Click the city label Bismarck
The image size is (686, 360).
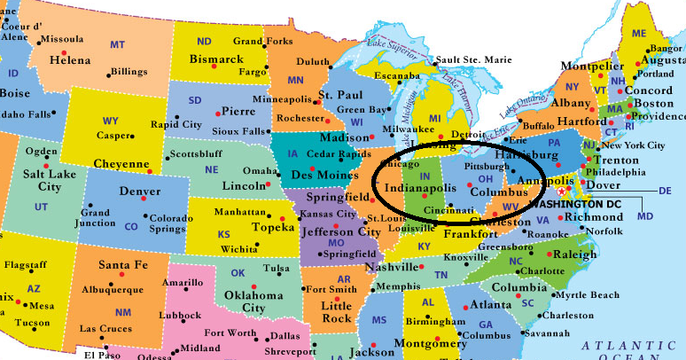point(215,59)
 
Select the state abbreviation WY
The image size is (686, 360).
point(111,121)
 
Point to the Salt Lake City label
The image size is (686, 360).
point(42,180)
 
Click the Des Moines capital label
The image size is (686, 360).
point(318,176)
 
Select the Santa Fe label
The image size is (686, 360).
point(122,265)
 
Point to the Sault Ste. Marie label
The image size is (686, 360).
point(474,59)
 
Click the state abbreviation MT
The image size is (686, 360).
point(117,44)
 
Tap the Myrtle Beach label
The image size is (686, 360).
point(589,294)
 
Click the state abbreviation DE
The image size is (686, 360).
point(666,191)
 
